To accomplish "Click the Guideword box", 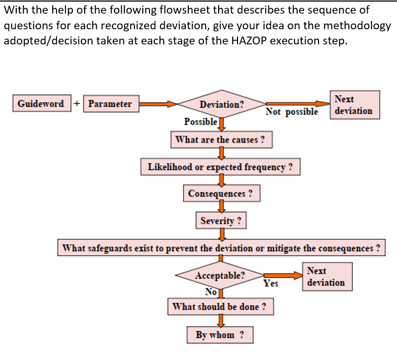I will [x=41, y=103].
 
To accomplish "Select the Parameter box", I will [x=110, y=103].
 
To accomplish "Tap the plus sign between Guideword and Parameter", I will [x=77, y=103].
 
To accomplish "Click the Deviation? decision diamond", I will [x=221, y=104].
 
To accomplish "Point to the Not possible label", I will [x=291, y=112].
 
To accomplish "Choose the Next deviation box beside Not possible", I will [x=354, y=104].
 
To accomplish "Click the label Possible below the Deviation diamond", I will [x=201, y=122].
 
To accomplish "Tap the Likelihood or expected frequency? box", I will [x=220, y=167].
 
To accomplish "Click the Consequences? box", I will [x=221, y=193].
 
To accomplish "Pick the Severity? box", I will [x=221, y=220].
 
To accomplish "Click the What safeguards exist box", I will [x=221, y=248].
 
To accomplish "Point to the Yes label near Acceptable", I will [x=270, y=284].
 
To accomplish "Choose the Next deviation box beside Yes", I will [x=326, y=277].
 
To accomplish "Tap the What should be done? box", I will [x=220, y=307].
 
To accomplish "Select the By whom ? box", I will [x=220, y=335].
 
